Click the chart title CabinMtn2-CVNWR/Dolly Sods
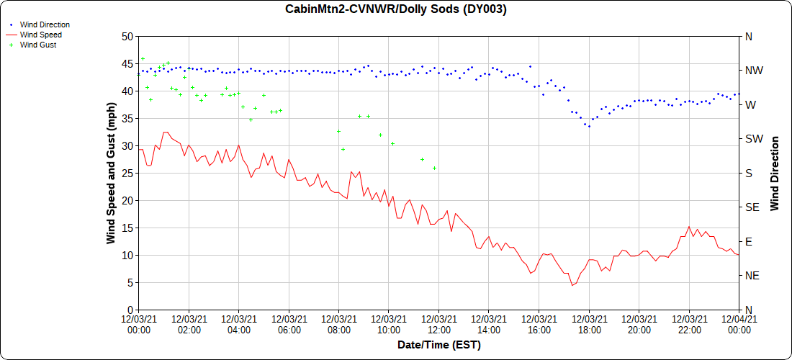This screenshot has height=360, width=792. point(395,9)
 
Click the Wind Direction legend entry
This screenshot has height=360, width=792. point(45,24)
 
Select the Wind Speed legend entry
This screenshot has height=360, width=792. point(41,35)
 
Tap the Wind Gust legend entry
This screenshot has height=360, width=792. point(38,45)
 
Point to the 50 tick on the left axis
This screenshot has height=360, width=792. point(127,37)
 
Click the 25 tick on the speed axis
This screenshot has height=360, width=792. point(127,174)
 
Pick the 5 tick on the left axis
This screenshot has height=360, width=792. point(130,283)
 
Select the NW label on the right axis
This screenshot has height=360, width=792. point(753,71)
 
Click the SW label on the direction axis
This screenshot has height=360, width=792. point(753,139)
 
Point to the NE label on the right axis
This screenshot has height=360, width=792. point(752,276)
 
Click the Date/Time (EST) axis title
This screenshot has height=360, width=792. point(438,345)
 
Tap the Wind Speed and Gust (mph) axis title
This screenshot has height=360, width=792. point(112,173)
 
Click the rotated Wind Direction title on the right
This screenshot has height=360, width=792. point(775,173)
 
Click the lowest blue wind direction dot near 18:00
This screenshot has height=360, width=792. point(589,127)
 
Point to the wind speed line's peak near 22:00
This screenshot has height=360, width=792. point(689,227)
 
